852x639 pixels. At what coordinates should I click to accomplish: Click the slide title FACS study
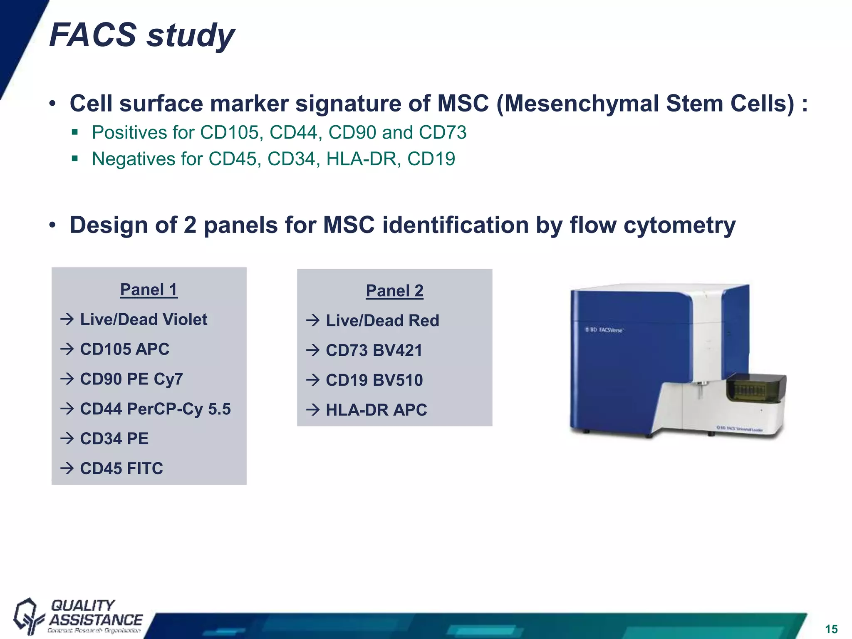pos(142,35)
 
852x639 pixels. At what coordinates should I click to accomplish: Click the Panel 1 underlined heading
pos(149,290)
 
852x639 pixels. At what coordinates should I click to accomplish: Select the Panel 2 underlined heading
pos(394,291)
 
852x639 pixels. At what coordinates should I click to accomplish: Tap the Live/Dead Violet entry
pos(143,319)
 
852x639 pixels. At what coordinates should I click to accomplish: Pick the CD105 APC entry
pos(124,349)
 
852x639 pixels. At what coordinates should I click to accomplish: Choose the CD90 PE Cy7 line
pos(131,379)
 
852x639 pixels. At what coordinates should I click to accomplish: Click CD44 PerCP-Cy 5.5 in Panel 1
pos(155,409)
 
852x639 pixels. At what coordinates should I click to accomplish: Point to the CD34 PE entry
pos(114,439)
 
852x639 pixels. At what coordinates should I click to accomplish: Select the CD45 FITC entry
pos(121,468)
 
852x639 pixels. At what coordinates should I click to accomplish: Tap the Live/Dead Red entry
pos(382,321)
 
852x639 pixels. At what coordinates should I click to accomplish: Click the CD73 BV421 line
pos(374,350)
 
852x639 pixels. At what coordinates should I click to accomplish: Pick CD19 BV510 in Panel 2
pos(374,380)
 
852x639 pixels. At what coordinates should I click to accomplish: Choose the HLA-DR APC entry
pos(376,410)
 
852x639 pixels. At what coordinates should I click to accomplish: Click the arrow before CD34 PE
pos(67,438)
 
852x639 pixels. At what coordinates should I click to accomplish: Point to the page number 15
pos(831,629)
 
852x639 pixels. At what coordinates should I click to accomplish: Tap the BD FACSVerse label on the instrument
pos(604,330)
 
